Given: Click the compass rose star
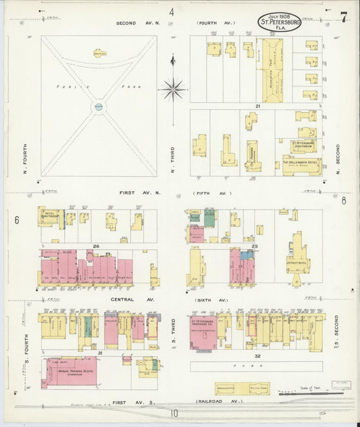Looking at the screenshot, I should click(173, 88).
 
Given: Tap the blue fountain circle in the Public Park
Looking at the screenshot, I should click(99, 107).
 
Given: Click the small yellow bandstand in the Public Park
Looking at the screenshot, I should click(99, 52).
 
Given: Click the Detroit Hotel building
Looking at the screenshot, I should click(297, 256).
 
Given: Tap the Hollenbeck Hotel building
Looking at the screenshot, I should click(302, 163).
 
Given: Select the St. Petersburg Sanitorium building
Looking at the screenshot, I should click(304, 144).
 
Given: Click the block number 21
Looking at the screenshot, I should click(257, 106).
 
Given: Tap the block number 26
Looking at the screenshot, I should click(97, 246).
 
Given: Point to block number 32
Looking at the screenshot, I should click(257, 355).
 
